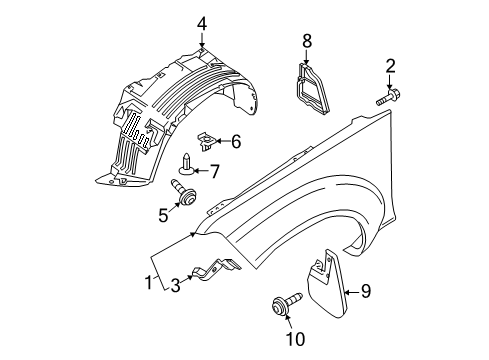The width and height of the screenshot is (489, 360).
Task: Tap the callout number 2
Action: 391,66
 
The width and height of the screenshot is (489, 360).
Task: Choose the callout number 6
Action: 236,142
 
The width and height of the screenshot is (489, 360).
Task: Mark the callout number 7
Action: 213,172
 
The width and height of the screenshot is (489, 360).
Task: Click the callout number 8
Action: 308,40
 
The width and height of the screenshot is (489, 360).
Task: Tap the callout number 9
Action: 366,292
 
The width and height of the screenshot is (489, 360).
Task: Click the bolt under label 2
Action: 388,99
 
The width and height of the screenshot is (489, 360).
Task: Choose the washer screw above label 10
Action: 280,306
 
